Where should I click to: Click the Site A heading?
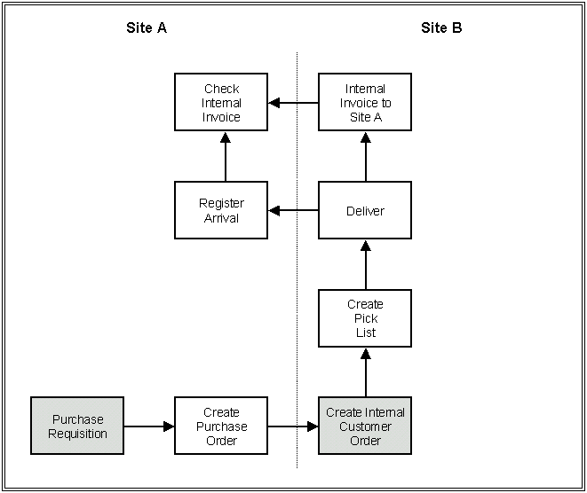point(147,27)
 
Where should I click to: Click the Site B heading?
point(441,27)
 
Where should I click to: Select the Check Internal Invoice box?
point(221,103)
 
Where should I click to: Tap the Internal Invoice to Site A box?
point(365,103)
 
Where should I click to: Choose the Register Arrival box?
point(221,210)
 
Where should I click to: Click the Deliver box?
point(365,210)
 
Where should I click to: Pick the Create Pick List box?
point(365,318)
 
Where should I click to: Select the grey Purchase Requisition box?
point(77,426)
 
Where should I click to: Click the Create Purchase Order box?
point(221,426)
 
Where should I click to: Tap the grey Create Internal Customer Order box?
point(365,426)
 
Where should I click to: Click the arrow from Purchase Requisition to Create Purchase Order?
point(148,426)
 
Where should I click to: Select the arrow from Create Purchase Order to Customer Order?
point(293,426)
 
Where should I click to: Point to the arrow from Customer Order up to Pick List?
point(365,372)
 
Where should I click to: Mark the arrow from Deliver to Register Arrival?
point(294,210)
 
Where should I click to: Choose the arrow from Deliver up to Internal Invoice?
point(365,157)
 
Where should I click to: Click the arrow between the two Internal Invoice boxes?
point(294,103)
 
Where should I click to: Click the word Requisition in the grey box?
point(77,434)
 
